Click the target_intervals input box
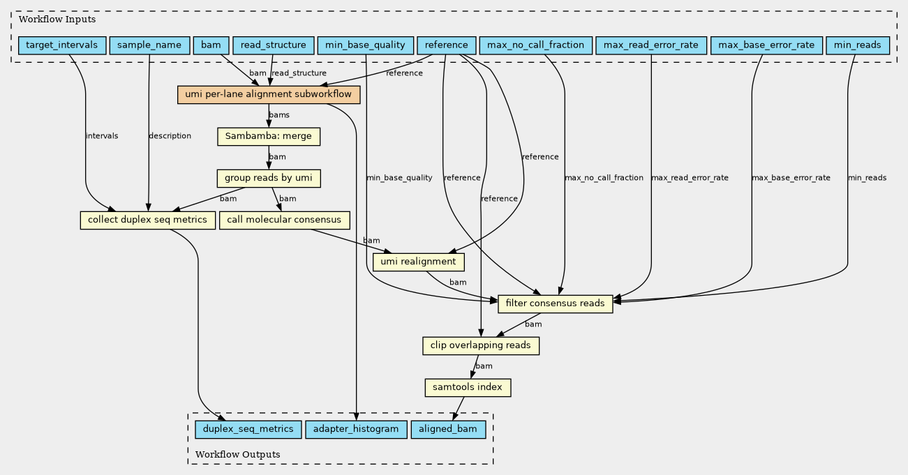coord(62,45)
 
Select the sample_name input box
coord(149,45)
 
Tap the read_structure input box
coord(274,45)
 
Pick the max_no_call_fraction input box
coord(536,45)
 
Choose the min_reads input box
coord(858,45)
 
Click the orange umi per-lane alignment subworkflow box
coord(269,95)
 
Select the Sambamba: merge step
coord(269,137)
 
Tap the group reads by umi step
coord(269,178)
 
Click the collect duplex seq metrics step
coord(147,220)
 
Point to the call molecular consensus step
coord(285,220)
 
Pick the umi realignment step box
coord(418,262)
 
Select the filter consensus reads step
coord(556,303)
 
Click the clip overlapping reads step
coord(481,345)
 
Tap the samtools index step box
coord(468,388)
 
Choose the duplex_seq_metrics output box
coord(248,429)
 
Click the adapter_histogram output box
coord(356,429)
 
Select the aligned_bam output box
coord(448,429)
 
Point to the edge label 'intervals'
coord(102,136)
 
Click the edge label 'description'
coord(170,136)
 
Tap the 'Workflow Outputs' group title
coord(238,454)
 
